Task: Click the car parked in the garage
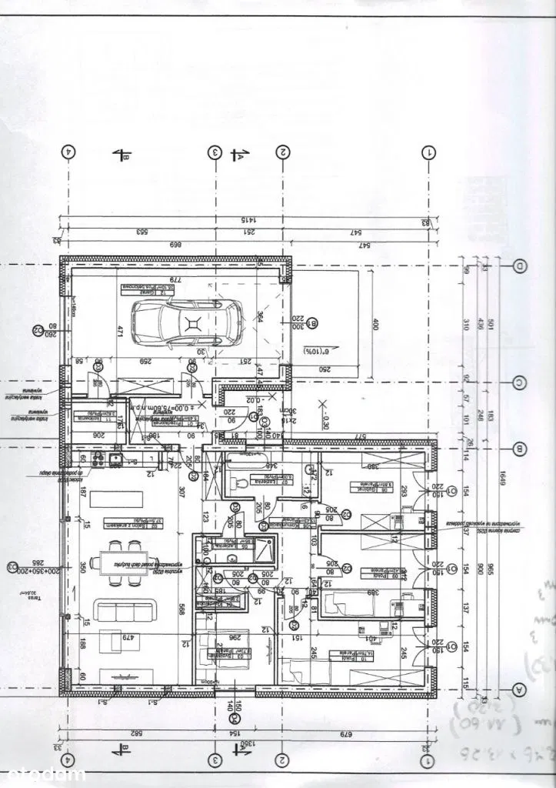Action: tap(186, 321)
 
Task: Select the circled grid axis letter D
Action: tap(521, 266)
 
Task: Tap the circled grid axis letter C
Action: tap(521, 382)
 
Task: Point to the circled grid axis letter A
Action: tap(521, 689)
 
